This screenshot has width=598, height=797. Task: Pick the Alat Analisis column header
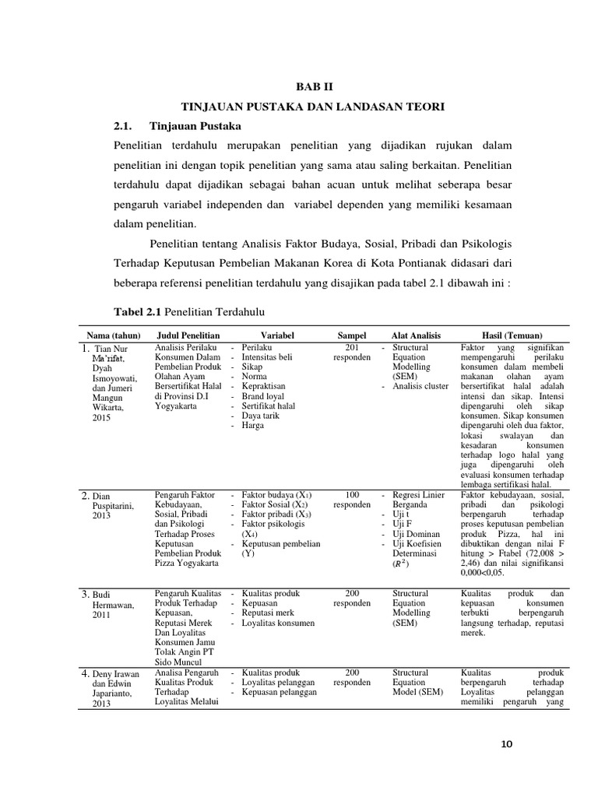(420, 334)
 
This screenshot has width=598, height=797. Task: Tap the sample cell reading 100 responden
(352, 500)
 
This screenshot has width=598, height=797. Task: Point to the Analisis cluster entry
(420, 386)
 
